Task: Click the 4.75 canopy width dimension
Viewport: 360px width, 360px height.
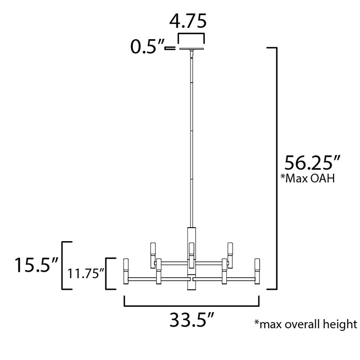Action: click(188, 21)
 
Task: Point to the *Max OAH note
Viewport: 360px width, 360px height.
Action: click(308, 178)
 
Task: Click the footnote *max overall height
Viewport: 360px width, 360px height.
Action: click(306, 324)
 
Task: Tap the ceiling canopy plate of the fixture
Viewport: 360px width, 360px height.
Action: click(192, 49)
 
